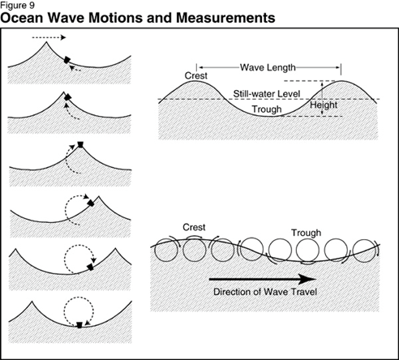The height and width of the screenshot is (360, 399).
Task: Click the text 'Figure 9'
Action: point(18,5)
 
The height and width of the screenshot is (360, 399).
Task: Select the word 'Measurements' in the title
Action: point(225,18)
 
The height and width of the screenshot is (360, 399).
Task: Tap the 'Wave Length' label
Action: point(268,67)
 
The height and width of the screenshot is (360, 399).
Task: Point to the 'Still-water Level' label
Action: point(267,94)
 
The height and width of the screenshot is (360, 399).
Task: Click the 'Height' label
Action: point(324,105)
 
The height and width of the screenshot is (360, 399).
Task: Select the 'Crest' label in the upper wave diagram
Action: point(196,75)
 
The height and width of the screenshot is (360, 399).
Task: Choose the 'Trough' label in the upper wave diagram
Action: point(267,109)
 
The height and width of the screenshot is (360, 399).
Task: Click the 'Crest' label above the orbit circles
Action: point(194,227)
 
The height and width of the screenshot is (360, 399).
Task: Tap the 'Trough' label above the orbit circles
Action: point(306,233)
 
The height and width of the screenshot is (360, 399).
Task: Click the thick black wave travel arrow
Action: point(263,279)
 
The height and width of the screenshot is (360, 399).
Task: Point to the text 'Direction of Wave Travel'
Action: point(265,292)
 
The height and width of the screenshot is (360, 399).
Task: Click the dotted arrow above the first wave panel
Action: point(49,37)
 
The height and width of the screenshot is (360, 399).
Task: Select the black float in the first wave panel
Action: point(66,60)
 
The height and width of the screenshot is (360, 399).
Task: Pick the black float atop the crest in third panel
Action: point(80,144)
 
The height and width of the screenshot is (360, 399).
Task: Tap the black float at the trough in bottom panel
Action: point(79,325)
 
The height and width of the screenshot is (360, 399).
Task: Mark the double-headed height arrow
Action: point(322,98)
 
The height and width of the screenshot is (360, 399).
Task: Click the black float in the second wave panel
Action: point(67,97)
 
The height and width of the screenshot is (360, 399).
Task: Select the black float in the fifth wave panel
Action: point(91,268)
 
